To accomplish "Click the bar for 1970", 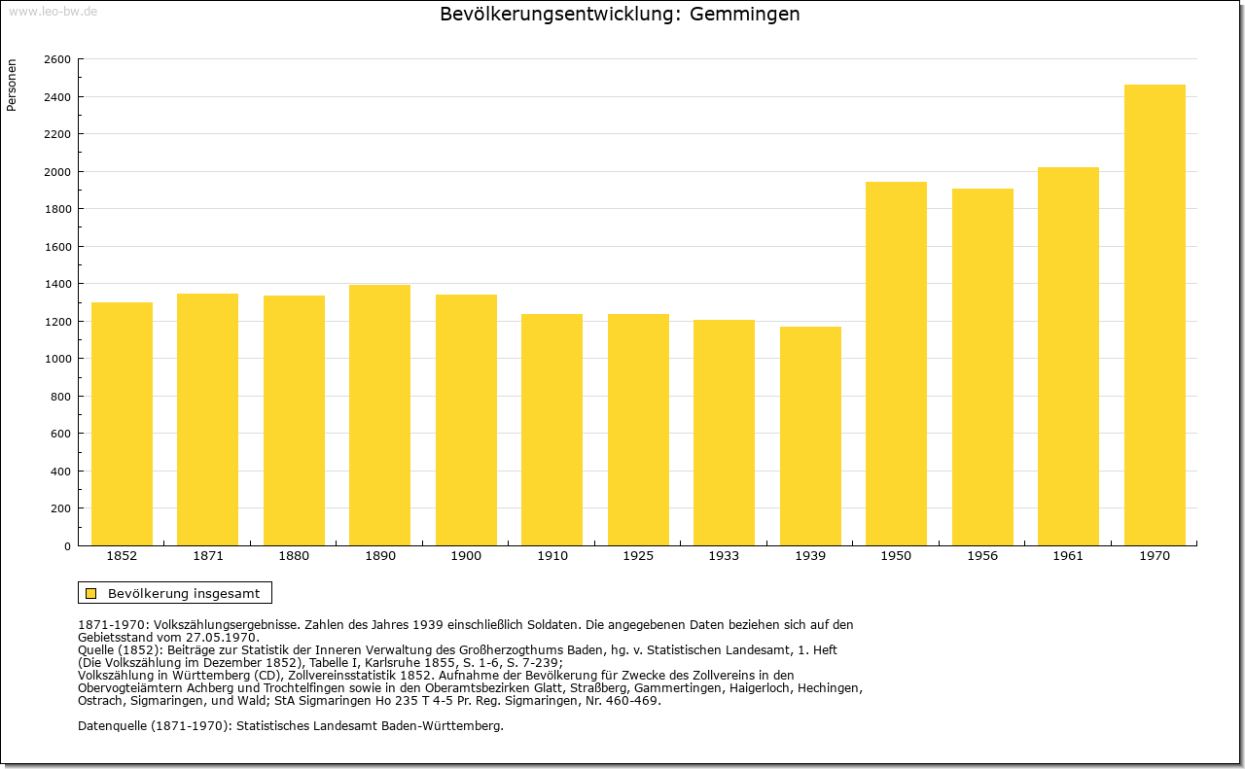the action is pos(1155,315).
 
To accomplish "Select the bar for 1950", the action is pos(896,364).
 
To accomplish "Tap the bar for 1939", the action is pos(810,437).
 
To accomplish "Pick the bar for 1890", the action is pos(379,416).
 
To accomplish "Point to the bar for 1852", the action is pos(122,424).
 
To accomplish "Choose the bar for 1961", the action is pos(1068,357).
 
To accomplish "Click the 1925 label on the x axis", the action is pos(638,556).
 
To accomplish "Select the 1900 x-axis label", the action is pos(466,556).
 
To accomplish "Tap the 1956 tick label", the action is pos(982,556).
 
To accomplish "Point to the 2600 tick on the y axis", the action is pos(57,59).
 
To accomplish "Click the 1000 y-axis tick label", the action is pos(57,359).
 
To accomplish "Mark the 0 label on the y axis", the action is pos(67,546).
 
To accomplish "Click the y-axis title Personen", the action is pos(12,85).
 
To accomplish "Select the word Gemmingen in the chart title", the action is pos(745,14).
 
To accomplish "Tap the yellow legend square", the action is pos(91,593).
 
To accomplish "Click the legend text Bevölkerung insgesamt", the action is pos(184,593).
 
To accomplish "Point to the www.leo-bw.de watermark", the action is pos(53,11).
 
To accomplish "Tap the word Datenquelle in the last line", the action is pos(113,726).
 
